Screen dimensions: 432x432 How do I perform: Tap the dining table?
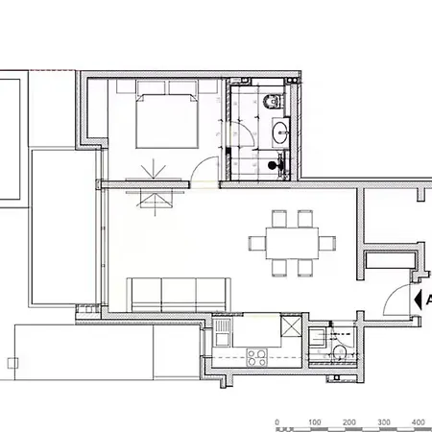292,243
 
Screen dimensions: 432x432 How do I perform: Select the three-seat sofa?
179,295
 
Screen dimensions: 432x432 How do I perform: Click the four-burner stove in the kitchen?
257,357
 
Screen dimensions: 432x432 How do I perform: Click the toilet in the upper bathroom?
273,101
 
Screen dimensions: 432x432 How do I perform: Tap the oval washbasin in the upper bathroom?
280,132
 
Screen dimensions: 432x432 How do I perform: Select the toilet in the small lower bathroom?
340,353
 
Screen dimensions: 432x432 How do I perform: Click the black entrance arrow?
418,300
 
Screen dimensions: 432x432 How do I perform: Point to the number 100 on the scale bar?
315,422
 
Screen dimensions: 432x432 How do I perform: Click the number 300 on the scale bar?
384,422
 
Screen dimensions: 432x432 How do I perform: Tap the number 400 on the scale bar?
418,422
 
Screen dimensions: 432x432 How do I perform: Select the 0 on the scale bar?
277,422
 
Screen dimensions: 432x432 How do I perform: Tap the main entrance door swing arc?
391,294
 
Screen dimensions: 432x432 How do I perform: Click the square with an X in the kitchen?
291,325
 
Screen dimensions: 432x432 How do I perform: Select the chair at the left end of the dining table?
257,243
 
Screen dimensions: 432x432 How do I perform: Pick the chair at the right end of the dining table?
327,243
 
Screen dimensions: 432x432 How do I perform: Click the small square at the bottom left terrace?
12,363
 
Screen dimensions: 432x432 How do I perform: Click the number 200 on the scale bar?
349,422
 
